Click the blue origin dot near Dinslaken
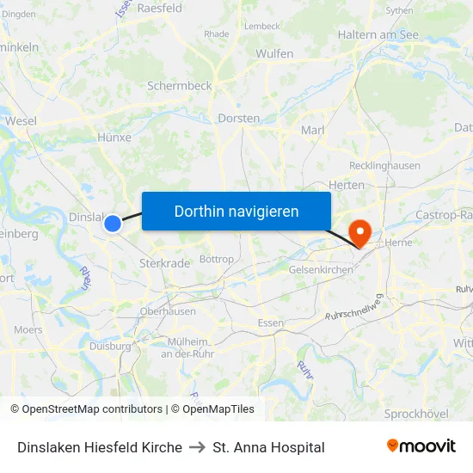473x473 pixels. pos(113,224)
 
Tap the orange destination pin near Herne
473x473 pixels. pos(358,232)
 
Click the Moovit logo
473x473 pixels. pos(421,445)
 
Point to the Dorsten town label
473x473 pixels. pos(239,118)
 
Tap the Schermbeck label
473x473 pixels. pos(179,86)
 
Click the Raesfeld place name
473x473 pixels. pos(159,8)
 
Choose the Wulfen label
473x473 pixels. pos(274,53)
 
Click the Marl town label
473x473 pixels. pos(311,130)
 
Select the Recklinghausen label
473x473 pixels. pos(384,165)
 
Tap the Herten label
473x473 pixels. pos(347,185)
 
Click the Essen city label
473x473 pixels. pos(271,323)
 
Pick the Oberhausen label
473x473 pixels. pos(168,311)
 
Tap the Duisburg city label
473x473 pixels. pos(110,346)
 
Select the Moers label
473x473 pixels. pos(28,330)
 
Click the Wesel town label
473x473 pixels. pos(21,121)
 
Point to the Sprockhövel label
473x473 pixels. pos(416,414)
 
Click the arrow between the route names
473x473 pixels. pos(198,447)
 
